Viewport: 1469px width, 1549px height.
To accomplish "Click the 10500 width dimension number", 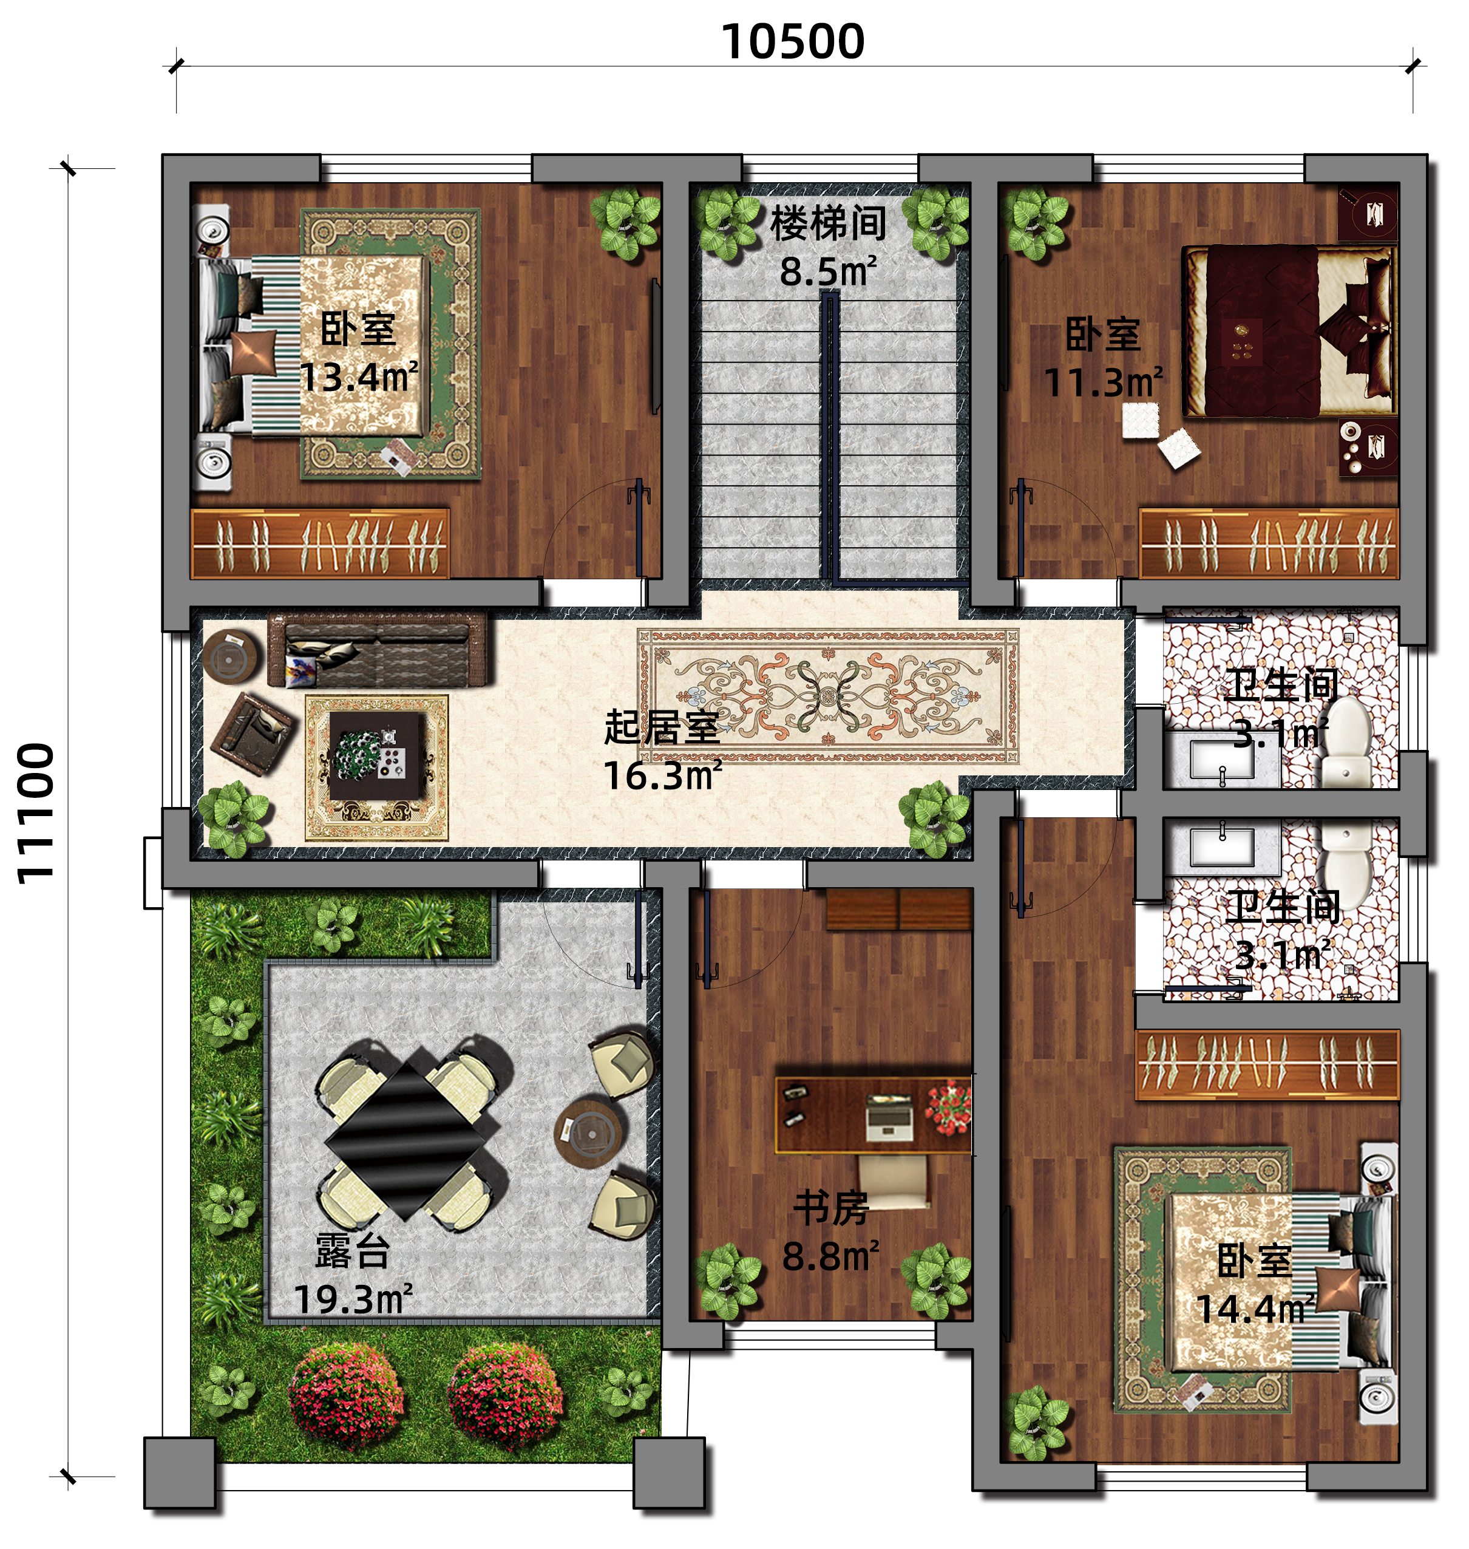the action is [x=792, y=41].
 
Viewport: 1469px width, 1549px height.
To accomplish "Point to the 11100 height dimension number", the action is [x=36, y=814].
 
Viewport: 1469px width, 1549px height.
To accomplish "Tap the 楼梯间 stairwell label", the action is [x=829, y=223].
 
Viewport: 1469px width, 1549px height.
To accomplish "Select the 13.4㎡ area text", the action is [x=359, y=378].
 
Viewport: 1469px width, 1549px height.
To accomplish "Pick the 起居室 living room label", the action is [x=662, y=727].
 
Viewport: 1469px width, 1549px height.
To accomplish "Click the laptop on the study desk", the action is [x=889, y=1117].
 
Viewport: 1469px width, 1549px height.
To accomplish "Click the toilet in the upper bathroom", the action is [x=1347, y=741].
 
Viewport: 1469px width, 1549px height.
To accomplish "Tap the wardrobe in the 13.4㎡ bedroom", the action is [x=321, y=543].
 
